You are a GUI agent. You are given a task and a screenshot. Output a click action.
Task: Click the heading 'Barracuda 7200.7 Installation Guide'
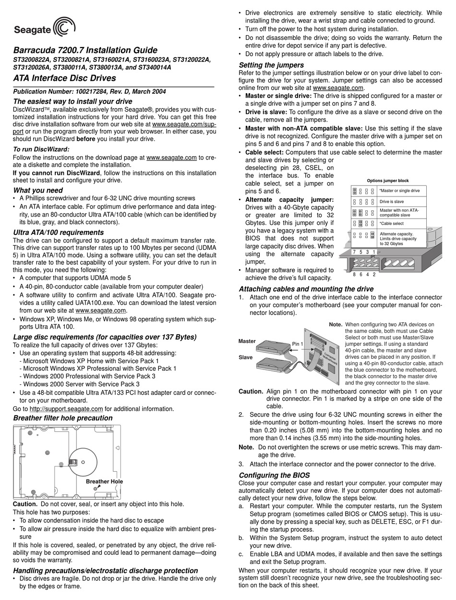(x=85, y=50)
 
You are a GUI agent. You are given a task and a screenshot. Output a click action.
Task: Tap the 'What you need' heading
(x=38, y=190)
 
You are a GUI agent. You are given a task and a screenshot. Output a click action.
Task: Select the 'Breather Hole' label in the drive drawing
(x=104, y=481)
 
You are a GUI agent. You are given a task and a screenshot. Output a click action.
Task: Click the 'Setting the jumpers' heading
(x=271, y=65)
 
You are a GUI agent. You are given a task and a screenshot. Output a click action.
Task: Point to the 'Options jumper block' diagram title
(x=388, y=181)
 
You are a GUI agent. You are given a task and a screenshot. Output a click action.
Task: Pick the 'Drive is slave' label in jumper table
(x=392, y=202)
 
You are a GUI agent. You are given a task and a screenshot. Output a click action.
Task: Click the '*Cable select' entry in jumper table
(x=391, y=223)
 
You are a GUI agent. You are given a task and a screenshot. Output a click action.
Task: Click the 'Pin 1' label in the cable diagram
(x=298, y=344)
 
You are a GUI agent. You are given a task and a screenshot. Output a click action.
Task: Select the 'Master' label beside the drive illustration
(x=247, y=341)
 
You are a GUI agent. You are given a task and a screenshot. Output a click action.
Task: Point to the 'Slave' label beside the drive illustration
(x=246, y=357)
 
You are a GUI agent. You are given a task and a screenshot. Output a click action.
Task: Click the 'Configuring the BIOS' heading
(x=274, y=475)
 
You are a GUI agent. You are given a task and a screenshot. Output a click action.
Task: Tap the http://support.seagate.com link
(x=66, y=409)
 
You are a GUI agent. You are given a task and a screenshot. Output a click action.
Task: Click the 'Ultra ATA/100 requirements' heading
(x=58, y=233)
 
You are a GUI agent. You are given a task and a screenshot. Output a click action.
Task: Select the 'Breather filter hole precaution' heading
(x=63, y=418)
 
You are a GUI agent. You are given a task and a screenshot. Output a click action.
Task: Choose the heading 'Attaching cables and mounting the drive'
(x=306, y=289)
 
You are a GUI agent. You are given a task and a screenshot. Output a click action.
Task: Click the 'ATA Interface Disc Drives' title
(x=64, y=78)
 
